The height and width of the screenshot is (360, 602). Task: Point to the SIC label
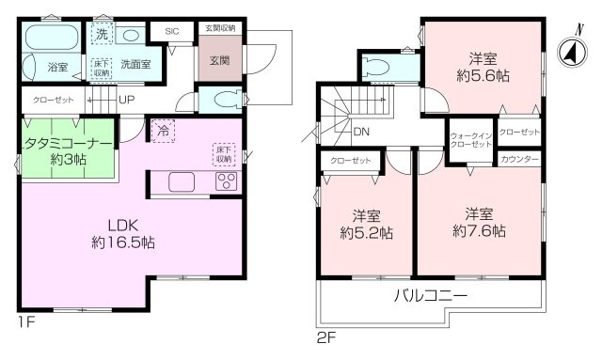pos(171,31)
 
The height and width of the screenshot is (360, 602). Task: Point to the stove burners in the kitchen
pos(227,183)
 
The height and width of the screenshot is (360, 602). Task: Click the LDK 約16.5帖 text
pos(123,233)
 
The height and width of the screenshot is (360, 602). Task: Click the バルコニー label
pos(432,295)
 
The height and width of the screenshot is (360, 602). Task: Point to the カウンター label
pos(519,160)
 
